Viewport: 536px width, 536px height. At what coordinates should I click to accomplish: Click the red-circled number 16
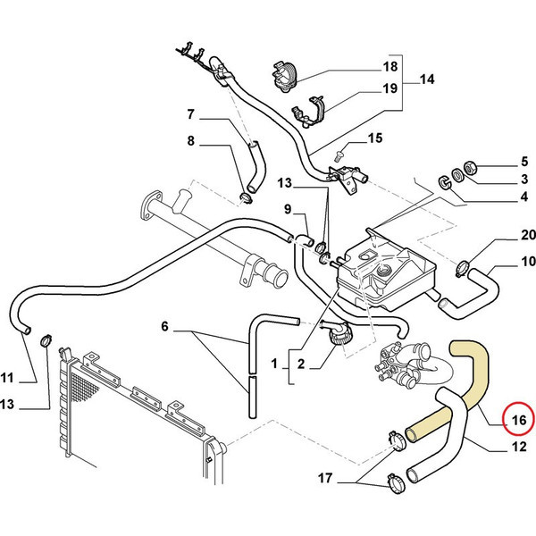tap(519, 419)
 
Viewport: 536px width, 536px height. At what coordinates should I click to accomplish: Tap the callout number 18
tap(390, 66)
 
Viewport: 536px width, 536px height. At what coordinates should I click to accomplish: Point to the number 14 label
tap(427, 80)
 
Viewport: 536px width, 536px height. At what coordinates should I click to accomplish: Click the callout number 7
tap(191, 113)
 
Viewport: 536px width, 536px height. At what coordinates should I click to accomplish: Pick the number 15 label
tap(375, 138)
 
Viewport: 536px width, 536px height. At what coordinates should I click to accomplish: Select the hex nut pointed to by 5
tap(470, 168)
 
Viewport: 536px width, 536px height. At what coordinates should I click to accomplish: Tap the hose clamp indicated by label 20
tap(462, 268)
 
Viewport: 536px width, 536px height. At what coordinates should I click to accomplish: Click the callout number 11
tap(7, 378)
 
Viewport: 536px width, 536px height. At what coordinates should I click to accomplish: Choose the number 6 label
tap(164, 326)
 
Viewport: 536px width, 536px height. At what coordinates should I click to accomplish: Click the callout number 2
tap(301, 364)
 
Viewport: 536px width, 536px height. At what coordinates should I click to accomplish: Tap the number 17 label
tap(325, 478)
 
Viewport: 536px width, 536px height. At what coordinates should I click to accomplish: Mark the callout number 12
tap(519, 446)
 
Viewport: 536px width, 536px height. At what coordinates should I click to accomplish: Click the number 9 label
tap(288, 209)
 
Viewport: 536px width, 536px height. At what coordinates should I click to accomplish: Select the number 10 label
tap(528, 262)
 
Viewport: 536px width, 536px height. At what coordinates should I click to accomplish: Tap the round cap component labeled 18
tap(284, 77)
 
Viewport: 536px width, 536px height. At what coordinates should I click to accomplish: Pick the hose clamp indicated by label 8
tap(246, 198)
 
